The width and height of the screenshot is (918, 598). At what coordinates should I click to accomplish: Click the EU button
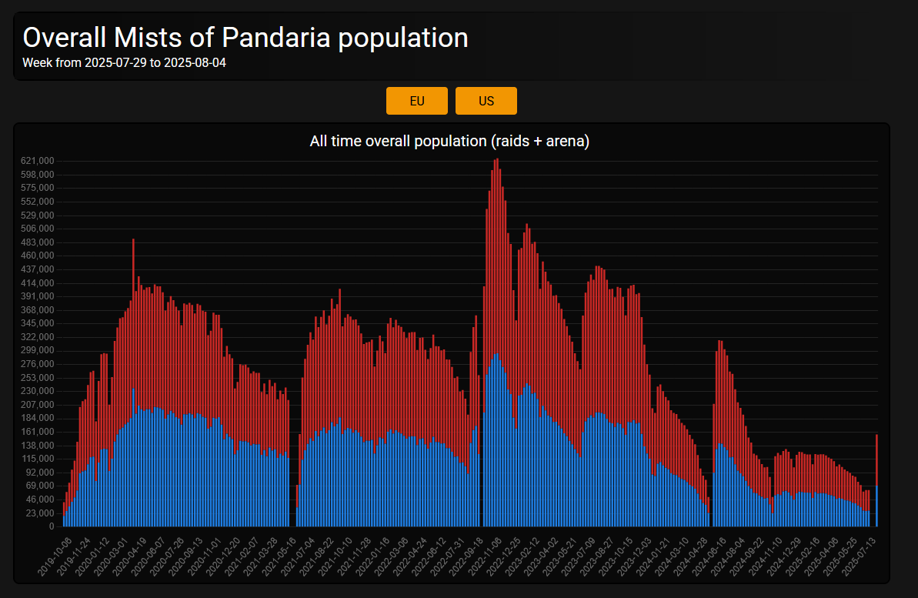[416, 101]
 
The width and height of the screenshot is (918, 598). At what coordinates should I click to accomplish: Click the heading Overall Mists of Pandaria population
[245, 37]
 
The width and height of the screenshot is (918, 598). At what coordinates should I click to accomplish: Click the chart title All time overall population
[449, 141]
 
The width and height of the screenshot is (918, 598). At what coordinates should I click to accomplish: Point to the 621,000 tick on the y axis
[38, 161]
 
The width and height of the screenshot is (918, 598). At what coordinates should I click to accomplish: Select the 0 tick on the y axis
[51, 526]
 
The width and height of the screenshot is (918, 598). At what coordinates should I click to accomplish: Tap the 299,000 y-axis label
[38, 350]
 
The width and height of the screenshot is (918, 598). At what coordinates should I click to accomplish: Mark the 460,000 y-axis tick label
[38, 256]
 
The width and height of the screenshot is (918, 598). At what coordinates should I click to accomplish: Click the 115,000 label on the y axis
[38, 459]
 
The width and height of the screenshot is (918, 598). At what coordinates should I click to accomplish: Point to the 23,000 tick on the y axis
[41, 513]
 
